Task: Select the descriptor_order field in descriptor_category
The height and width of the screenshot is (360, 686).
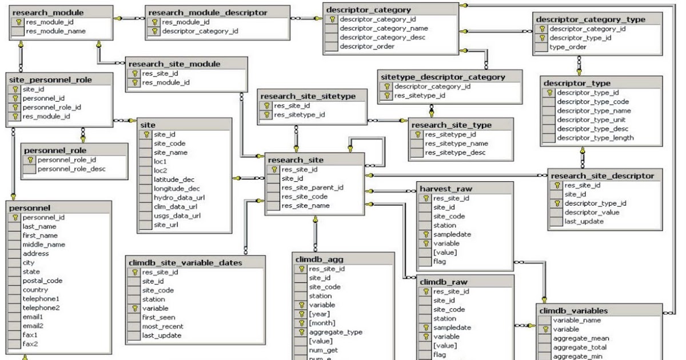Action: pos(366,47)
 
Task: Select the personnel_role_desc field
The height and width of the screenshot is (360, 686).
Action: pos(71,169)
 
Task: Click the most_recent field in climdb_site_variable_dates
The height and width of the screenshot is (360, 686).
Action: pos(163,326)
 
